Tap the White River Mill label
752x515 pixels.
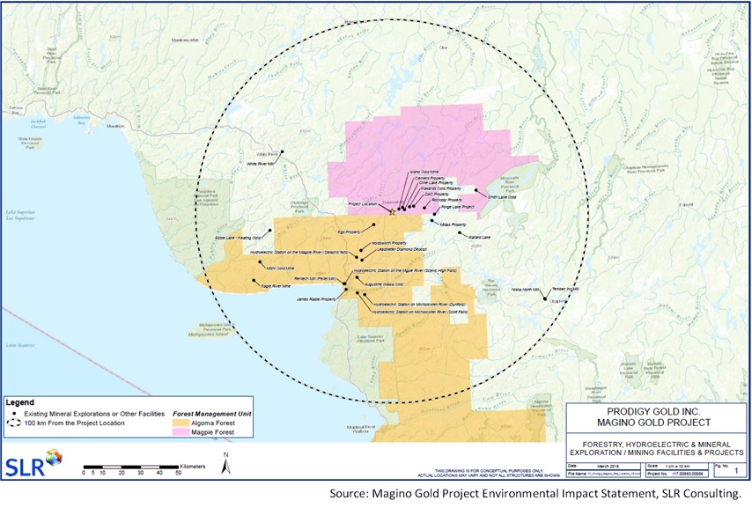tap(261, 164)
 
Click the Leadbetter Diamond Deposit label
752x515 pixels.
tap(377, 248)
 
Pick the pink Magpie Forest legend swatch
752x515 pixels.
tap(183, 433)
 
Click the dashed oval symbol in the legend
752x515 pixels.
tap(13, 423)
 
